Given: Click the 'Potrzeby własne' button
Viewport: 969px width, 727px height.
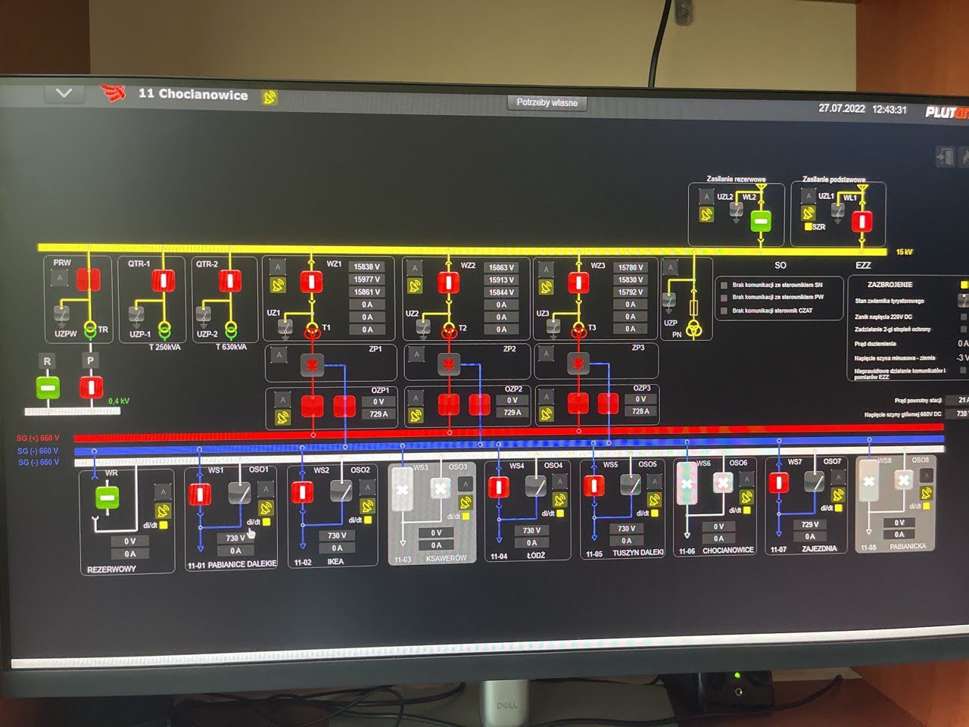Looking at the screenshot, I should pyautogui.click(x=547, y=102).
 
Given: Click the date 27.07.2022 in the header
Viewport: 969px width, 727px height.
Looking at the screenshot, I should pyautogui.click(x=841, y=108).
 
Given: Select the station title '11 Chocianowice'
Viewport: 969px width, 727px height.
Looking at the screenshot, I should pyautogui.click(x=192, y=95).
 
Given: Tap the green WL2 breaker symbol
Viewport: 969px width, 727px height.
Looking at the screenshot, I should pyautogui.click(x=761, y=221).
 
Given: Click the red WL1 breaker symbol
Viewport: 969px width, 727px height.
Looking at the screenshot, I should pyautogui.click(x=862, y=222).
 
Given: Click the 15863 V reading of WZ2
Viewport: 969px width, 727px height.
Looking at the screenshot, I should pyautogui.click(x=501, y=267).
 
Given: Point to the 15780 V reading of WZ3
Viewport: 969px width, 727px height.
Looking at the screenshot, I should pyautogui.click(x=630, y=267).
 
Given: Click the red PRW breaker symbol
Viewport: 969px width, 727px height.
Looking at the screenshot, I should pyautogui.click(x=89, y=280).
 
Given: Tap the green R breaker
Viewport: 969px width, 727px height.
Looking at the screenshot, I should pyautogui.click(x=48, y=388).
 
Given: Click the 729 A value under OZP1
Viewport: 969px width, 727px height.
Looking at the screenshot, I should pyautogui.click(x=378, y=414).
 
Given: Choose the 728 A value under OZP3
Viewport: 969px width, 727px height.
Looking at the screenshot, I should pyautogui.click(x=640, y=411).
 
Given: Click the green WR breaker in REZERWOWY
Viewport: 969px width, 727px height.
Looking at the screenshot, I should pyautogui.click(x=107, y=498).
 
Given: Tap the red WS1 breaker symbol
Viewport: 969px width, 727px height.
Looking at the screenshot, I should pyautogui.click(x=199, y=495).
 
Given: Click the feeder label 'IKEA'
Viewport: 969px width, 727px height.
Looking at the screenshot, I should pyautogui.click(x=335, y=562).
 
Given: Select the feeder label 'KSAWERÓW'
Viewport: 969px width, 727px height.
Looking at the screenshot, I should pyautogui.click(x=447, y=559).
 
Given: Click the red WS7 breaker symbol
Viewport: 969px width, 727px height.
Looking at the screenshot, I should pyautogui.click(x=778, y=482).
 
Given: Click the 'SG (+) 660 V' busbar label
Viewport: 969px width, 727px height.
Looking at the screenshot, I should pyautogui.click(x=38, y=438).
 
